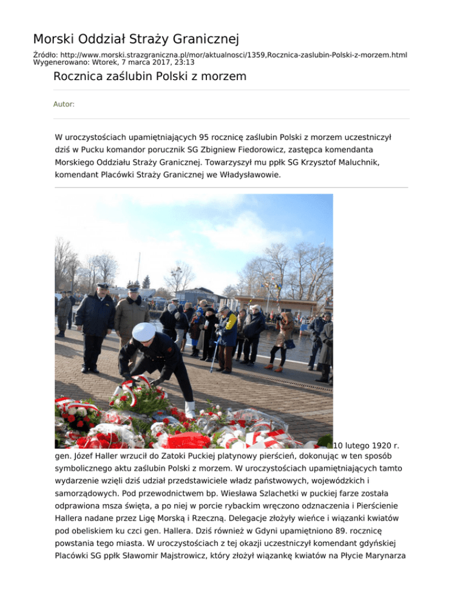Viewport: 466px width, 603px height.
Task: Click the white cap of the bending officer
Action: [x=144, y=331]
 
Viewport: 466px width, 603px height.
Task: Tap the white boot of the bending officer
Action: [x=190, y=409]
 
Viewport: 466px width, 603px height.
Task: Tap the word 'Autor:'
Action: [x=64, y=104]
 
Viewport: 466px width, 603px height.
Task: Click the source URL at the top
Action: [x=230, y=55]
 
